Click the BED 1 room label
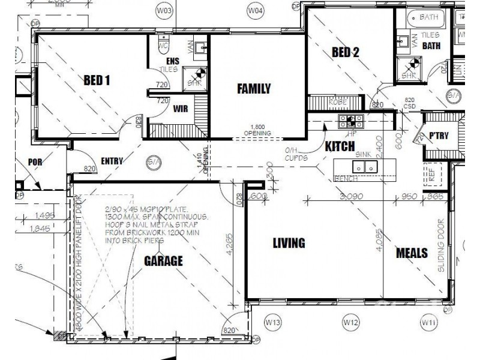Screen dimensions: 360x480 click(x=97, y=80)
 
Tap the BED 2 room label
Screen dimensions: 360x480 click(x=345, y=52)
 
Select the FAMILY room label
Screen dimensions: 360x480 click(x=254, y=89)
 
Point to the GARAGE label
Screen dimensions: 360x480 click(x=163, y=261)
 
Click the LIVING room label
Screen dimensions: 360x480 click(x=289, y=243)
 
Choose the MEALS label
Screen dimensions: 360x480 click(x=412, y=253)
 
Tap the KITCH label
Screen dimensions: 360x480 click(x=341, y=146)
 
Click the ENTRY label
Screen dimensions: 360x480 click(x=112, y=161)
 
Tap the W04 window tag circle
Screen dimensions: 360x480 click(x=256, y=11)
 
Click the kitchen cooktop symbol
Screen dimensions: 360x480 click(x=347, y=121)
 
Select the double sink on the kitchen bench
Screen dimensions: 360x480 click(x=365, y=167)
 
